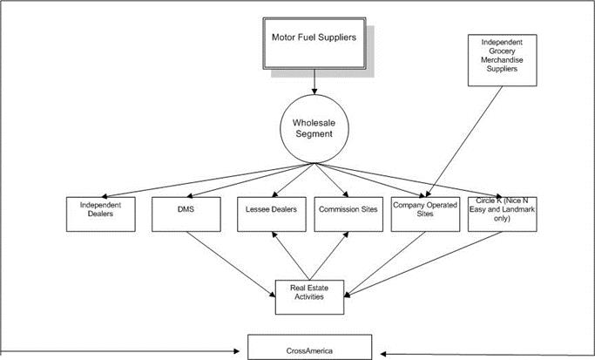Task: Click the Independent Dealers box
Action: [x=102, y=214]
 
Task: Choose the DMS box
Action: [x=186, y=214]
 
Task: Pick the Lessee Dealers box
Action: [x=270, y=214]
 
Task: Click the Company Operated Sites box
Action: [x=425, y=214]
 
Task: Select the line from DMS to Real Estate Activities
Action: [x=227, y=257]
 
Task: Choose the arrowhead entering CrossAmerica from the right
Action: [x=384, y=353]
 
